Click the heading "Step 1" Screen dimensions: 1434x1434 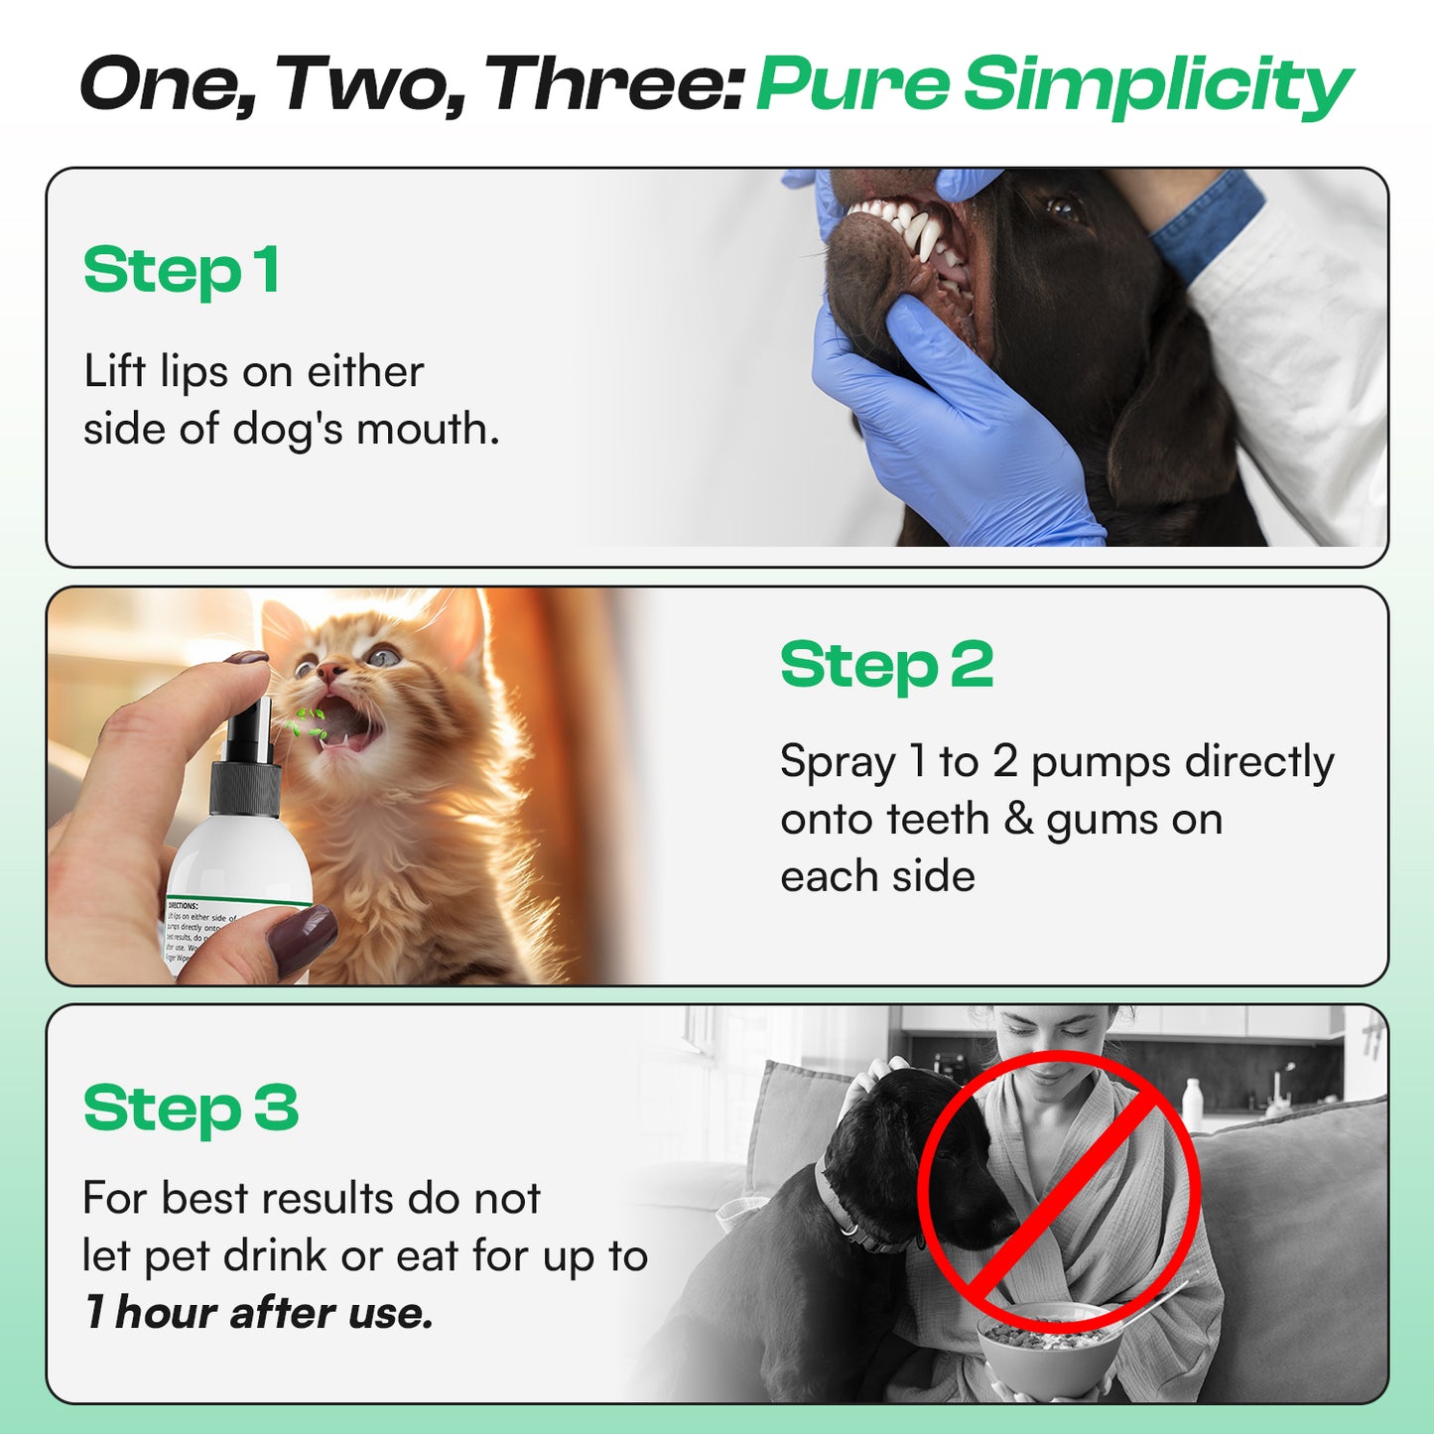tap(181, 271)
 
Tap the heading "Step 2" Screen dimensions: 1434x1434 tap(885, 665)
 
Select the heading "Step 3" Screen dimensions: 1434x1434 tap(191, 1108)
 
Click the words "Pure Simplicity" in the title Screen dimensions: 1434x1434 tap(1053, 85)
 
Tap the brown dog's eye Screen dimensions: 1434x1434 tap(1062, 207)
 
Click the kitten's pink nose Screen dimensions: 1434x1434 tap(330, 673)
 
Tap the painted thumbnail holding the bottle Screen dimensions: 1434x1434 tap(302, 939)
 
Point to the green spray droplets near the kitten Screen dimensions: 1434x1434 tap(307, 723)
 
